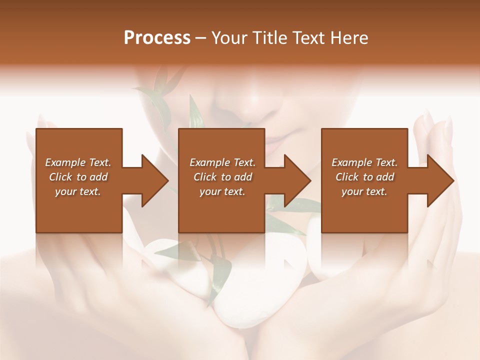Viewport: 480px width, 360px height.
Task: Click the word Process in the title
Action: tap(157, 38)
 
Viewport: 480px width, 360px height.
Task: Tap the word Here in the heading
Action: tap(348, 38)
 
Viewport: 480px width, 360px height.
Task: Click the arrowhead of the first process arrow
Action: tap(154, 180)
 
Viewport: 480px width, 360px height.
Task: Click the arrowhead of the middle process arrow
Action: tap(297, 180)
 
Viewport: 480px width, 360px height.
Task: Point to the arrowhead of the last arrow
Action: tap(440, 180)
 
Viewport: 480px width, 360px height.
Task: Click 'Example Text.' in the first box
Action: tap(78, 162)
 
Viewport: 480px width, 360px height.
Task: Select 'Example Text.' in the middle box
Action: tap(222, 162)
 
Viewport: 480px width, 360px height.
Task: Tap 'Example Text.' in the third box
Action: tap(364, 162)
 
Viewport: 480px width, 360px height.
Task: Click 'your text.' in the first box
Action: tap(78, 191)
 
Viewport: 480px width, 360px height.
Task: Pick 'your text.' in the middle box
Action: tap(222, 191)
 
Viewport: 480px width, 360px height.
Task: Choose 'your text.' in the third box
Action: tap(364, 191)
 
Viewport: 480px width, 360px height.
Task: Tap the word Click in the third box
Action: tap(347, 177)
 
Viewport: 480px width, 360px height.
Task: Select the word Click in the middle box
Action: tap(205, 177)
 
